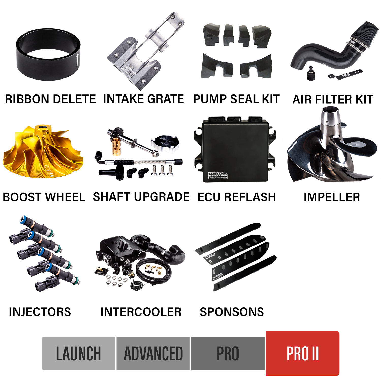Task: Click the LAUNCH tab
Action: click(78, 353)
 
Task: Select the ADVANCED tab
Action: click(153, 353)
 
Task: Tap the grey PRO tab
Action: click(228, 353)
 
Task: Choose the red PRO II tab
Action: click(303, 353)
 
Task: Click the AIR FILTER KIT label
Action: click(332, 99)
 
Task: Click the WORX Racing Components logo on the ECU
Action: click(218, 175)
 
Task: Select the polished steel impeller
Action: click(330, 152)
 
